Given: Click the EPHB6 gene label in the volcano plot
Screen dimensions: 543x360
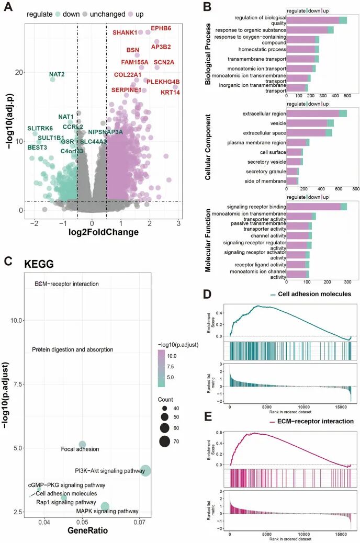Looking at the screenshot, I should pos(161,28).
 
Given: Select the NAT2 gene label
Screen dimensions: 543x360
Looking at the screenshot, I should pos(57,74).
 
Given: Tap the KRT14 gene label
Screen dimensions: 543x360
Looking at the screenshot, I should pos(170,93).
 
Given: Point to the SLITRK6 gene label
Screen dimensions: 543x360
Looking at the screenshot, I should pos(40,128).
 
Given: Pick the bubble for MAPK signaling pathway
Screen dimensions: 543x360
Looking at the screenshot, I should pos(105,506).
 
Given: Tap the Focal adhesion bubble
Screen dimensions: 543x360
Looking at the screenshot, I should pos(82,445).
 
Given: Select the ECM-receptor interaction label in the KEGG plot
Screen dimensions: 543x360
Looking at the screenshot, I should pos(66,284).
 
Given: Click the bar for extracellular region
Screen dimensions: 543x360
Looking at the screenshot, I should pos(317,114).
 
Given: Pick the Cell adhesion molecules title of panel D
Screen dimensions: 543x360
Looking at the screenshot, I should pos(314,294).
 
